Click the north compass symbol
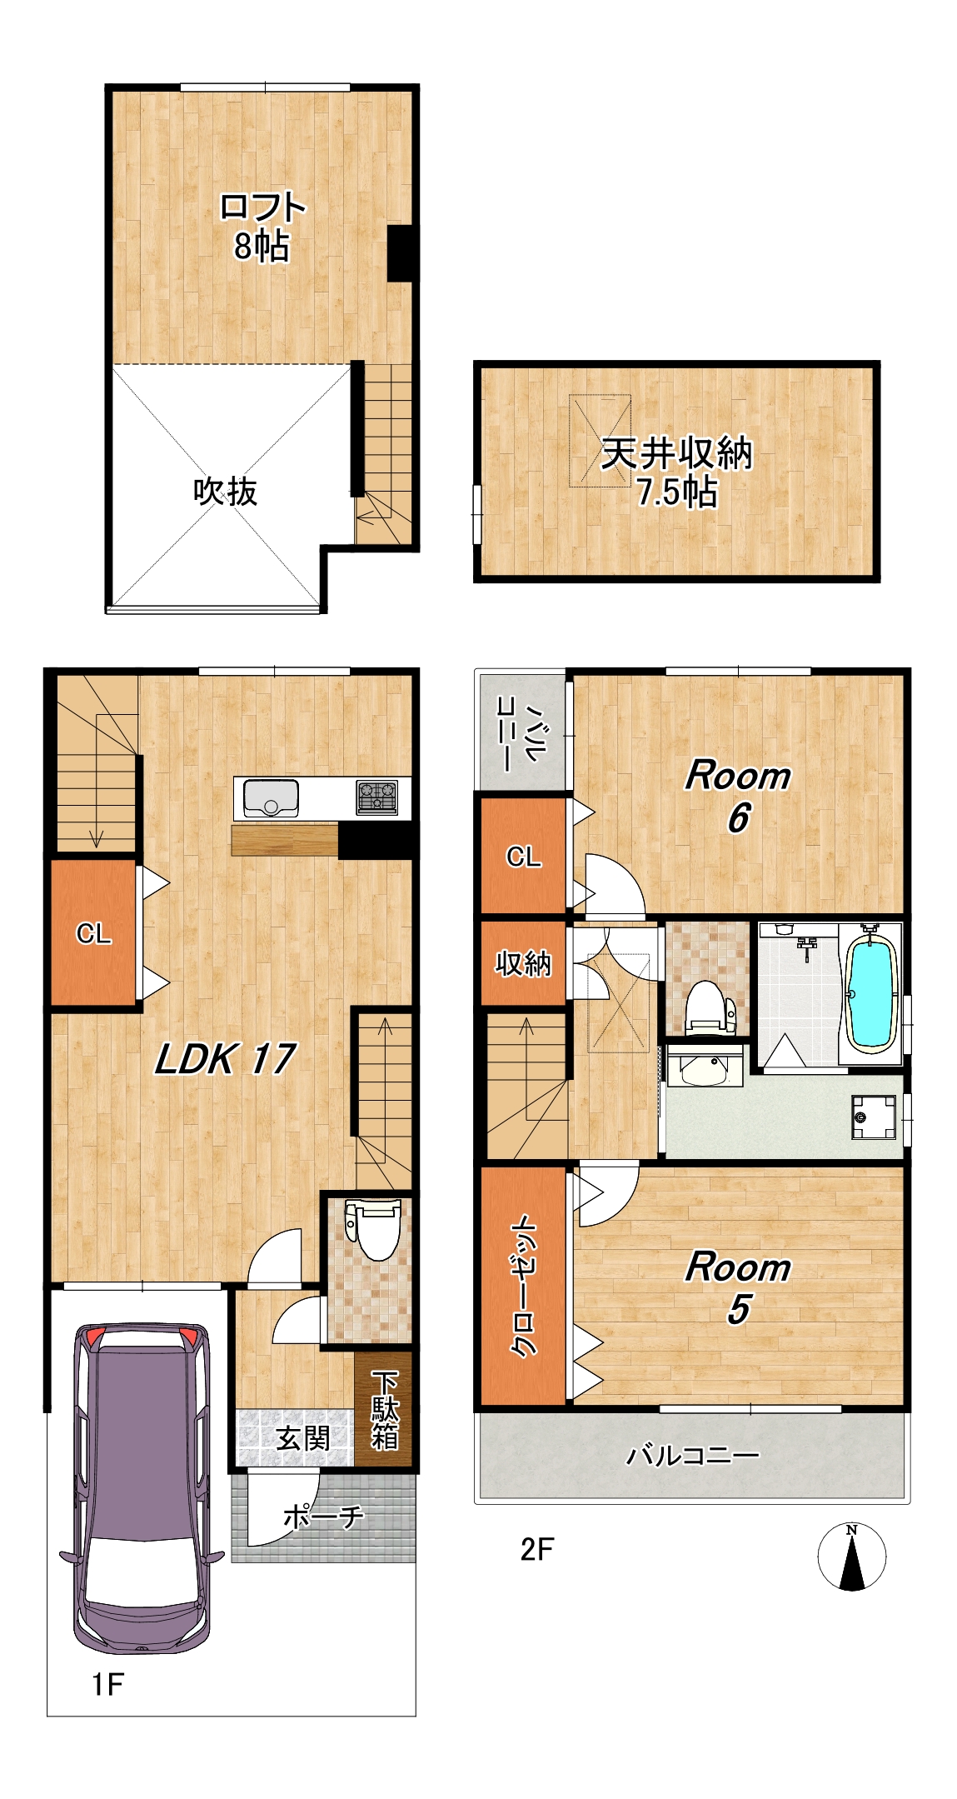(851, 1557)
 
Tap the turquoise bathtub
(870, 995)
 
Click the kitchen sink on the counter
(271, 798)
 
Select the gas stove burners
(377, 797)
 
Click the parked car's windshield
(142, 1567)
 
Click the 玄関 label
(302, 1437)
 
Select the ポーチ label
(323, 1516)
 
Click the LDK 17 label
(225, 1058)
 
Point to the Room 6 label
(738, 796)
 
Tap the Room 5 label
(738, 1287)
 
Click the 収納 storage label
(523, 963)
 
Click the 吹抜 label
(225, 492)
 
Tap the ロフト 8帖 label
(262, 227)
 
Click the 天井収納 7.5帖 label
(676, 472)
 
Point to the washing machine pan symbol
(874, 1117)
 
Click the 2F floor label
(537, 1549)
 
